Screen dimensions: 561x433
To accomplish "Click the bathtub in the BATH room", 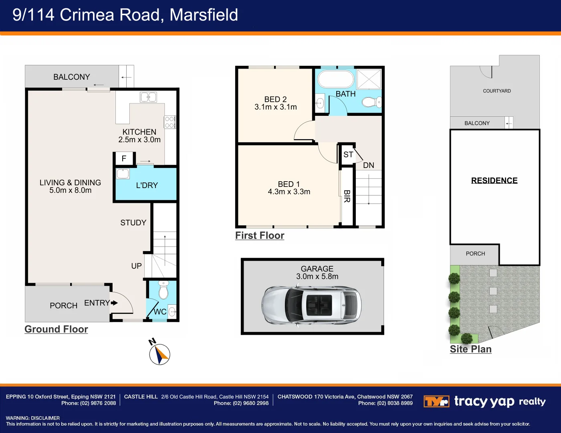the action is pyautogui.click(x=336, y=79).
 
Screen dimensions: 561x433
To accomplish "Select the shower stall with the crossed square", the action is pyautogui.click(x=369, y=79).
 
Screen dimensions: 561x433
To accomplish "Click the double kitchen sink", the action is pyautogui.click(x=148, y=97).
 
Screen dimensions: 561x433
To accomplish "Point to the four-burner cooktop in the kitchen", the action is pyautogui.click(x=170, y=122).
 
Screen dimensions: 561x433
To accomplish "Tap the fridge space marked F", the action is pyautogui.click(x=124, y=158).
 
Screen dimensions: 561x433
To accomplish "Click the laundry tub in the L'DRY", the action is pyautogui.click(x=123, y=174).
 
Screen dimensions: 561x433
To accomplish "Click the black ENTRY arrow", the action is pyautogui.click(x=114, y=303).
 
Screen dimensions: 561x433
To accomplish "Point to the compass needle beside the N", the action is pyautogui.click(x=161, y=355).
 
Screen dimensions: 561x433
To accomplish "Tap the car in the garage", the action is pyautogui.click(x=311, y=305).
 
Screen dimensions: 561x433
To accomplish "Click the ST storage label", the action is pyautogui.click(x=348, y=154).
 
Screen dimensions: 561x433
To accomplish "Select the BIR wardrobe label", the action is pyautogui.click(x=347, y=196).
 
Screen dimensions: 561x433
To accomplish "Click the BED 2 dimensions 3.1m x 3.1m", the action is pyautogui.click(x=276, y=107).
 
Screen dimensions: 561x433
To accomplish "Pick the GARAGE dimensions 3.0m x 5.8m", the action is pyautogui.click(x=317, y=276).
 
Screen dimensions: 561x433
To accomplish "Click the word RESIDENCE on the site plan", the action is pyautogui.click(x=494, y=180).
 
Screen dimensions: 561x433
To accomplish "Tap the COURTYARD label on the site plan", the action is pyautogui.click(x=497, y=91).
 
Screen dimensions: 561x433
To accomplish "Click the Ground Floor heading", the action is pyautogui.click(x=56, y=329).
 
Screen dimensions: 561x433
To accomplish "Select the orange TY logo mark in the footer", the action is pyautogui.click(x=436, y=401).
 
